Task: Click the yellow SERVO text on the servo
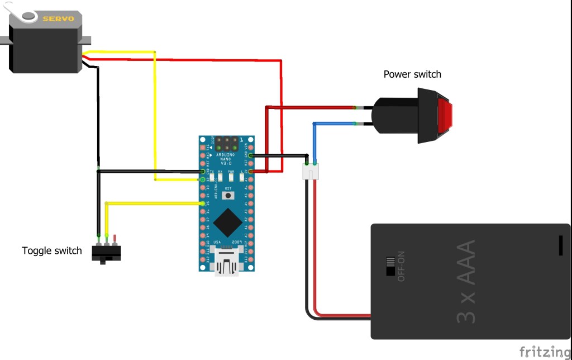pyautogui.click(x=59, y=18)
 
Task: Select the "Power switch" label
pyautogui.click(x=412, y=74)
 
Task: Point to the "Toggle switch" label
pyautogui.click(x=52, y=250)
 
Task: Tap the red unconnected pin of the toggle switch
pyautogui.click(x=115, y=239)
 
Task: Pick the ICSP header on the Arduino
pyautogui.click(x=227, y=143)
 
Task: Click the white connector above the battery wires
pyautogui.click(x=311, y=171)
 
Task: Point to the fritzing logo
pyautogui.click(x=545, y=352)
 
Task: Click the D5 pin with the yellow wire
pyautogui.click(x=202, y=203)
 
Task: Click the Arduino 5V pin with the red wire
pyautogui.click(x=251, y=171)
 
